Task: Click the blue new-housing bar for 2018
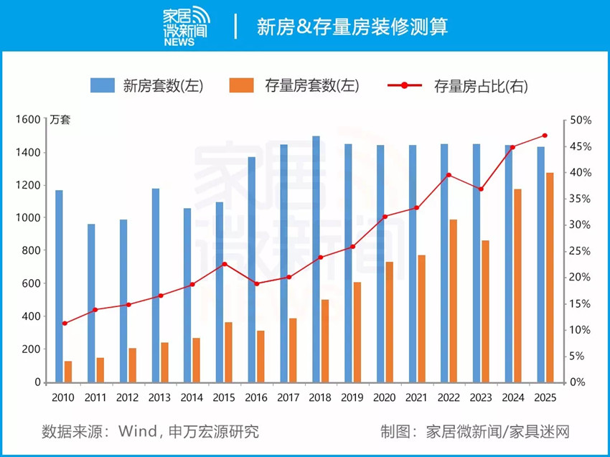316,258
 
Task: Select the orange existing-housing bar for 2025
550,277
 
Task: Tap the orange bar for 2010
68,372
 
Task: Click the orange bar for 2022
454,301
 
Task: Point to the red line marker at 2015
224,264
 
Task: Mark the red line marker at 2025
545,136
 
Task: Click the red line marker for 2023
481,189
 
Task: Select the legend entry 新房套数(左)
146,86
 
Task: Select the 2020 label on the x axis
385,397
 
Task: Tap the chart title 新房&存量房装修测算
352,27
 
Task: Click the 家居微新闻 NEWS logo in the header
189,27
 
